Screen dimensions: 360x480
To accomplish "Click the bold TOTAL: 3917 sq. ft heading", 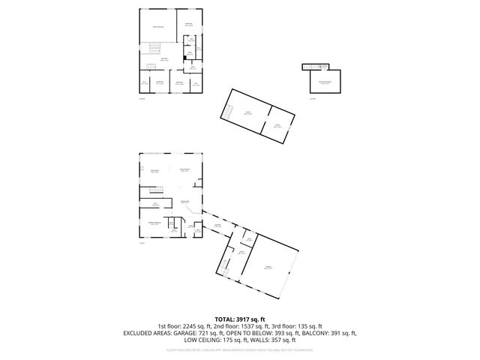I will point(239,319).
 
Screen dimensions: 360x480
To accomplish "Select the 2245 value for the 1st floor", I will point(188,325).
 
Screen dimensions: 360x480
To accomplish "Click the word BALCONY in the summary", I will point(314,332).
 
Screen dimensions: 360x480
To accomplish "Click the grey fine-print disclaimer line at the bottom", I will point(239,349).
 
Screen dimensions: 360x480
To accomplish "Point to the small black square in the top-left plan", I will point(184,55).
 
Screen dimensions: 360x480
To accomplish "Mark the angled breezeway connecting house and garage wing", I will point(217,226).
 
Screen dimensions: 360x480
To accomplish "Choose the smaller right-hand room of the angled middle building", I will point(277,126).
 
